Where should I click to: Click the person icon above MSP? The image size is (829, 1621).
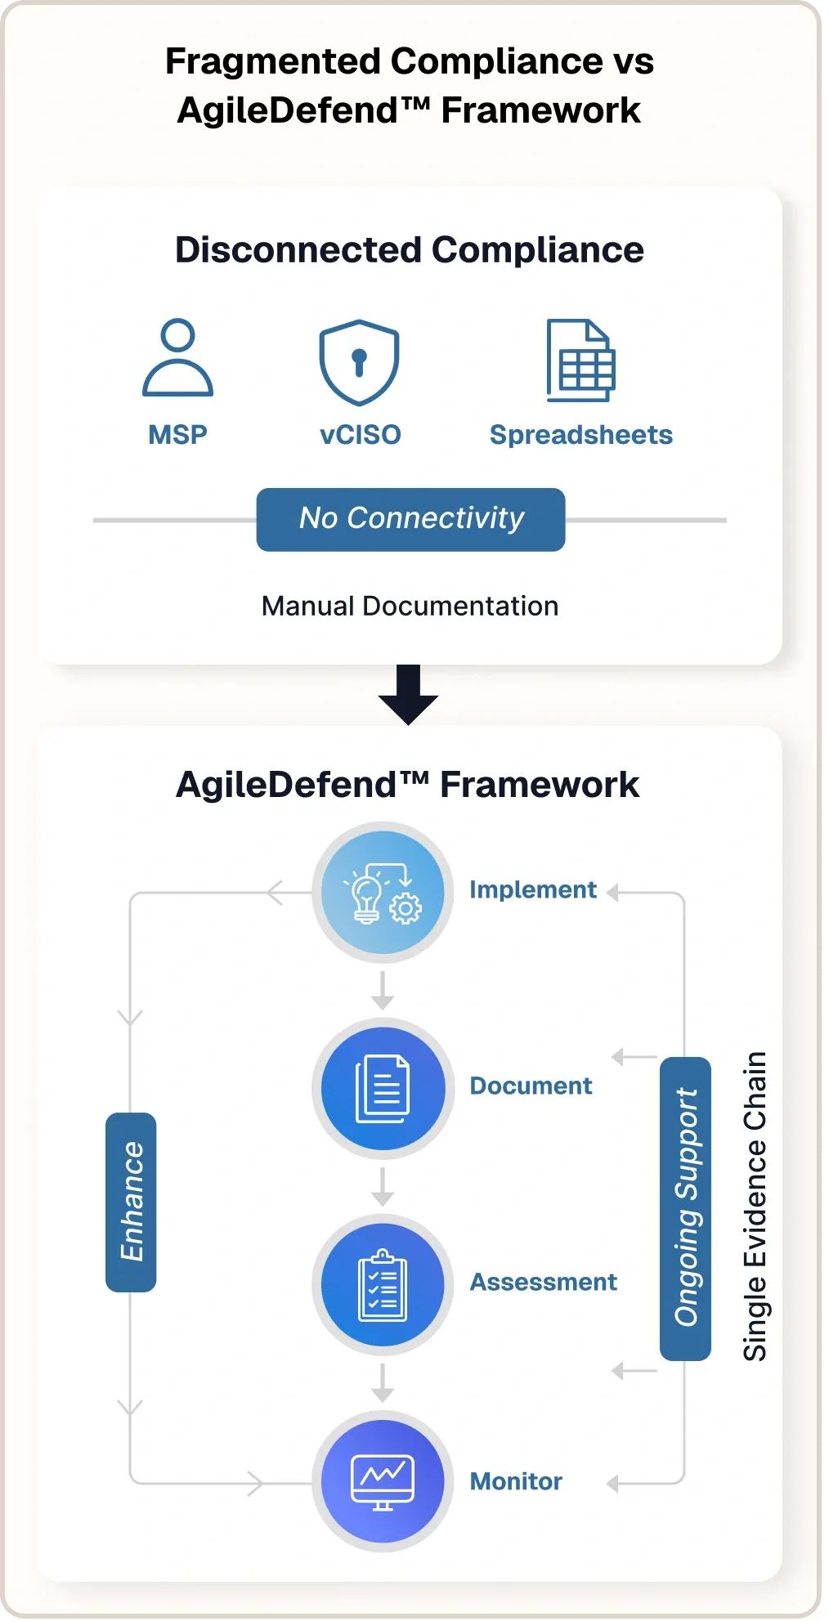177,358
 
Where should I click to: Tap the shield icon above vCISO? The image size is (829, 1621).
359,362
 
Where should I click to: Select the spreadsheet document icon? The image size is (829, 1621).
580,360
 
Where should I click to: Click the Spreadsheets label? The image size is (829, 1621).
580,435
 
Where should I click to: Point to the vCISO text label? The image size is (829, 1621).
360,435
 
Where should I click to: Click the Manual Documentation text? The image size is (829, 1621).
410,606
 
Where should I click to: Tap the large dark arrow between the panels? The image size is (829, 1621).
408,694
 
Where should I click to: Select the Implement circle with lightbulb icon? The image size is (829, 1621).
383,892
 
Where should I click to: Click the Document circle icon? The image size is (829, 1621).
383,1088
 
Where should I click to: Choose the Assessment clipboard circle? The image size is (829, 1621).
383,1284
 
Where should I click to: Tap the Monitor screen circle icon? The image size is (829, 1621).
383,1480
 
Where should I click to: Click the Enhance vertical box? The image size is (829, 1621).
131,1202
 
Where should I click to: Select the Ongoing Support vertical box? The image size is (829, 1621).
685,1208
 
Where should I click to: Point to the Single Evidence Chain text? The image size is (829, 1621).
755,1206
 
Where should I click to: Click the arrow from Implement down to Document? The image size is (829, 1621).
383,991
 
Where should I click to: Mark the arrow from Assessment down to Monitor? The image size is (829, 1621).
383,1383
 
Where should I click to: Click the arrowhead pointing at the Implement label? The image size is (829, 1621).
613,893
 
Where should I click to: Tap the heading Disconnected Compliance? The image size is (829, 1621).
410,250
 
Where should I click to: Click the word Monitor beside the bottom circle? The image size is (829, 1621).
516,1481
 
